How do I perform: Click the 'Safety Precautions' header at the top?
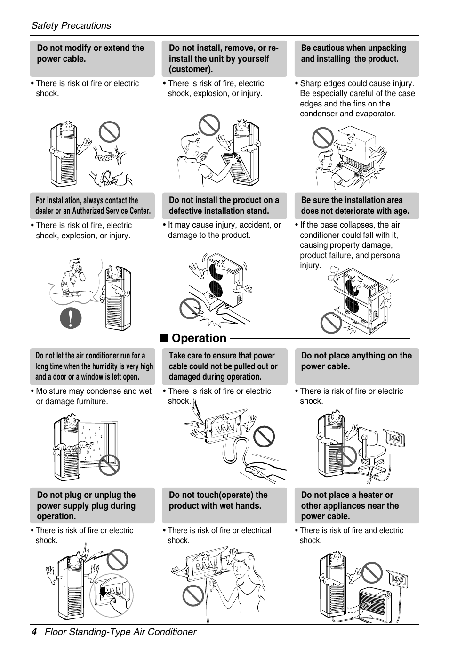click(x=71, y=26)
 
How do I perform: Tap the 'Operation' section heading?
click(x=199, y=338)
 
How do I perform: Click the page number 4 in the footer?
click(x=34, y=632)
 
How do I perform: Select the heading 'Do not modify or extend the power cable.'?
click(x=90, y=53)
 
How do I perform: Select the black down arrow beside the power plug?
click(x=103, y=591)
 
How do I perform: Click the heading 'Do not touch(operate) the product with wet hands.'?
click(x=218, y=500)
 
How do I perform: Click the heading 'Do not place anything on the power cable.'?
click(x=356, y=361)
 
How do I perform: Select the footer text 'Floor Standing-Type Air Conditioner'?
click(x=120, y=632)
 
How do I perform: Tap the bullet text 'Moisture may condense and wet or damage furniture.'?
click(x=94, y=396)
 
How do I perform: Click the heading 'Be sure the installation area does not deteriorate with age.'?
click(x=355, y=205)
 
